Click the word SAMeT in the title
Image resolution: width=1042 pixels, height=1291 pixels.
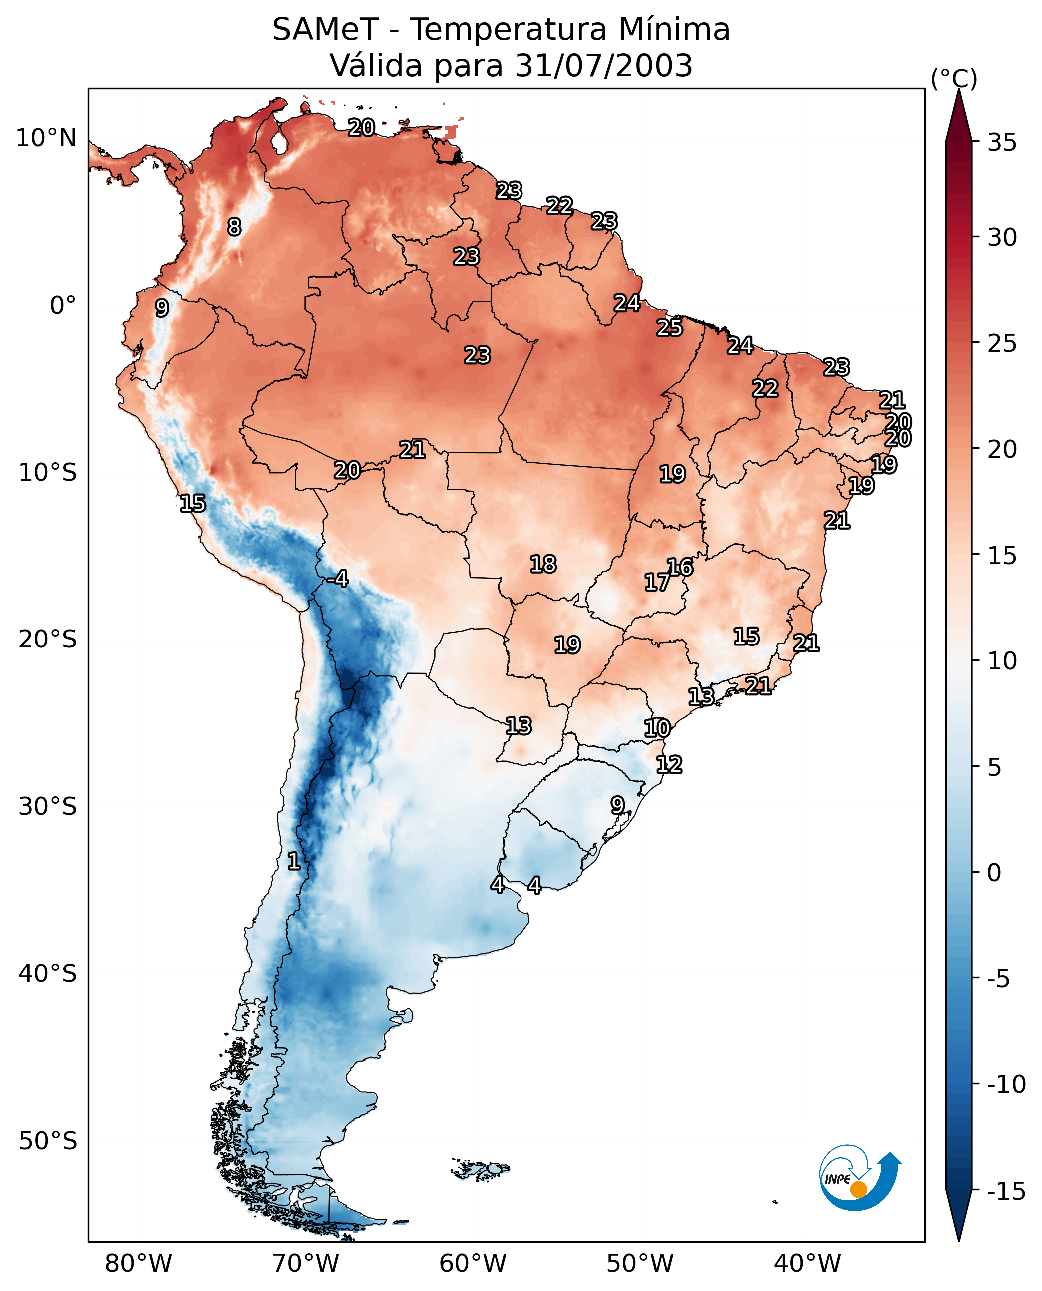click(x=325, y=30)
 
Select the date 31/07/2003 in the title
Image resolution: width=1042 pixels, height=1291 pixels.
click(x=603, y=66)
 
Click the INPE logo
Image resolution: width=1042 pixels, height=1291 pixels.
click(x=859, y=1179)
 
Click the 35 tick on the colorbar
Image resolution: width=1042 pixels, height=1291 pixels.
click(x=1002, y=143)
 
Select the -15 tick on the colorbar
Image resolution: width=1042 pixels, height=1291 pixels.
click(x=1006, y=1192)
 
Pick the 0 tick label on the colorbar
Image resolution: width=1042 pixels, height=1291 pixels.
click(x=994, y=873)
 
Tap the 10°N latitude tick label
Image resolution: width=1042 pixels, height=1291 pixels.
click(x=46, y=139)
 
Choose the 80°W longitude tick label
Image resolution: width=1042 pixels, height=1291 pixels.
click(x=139, y=1264)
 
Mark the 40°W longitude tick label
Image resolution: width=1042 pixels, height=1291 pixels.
click(x=807, y=1264)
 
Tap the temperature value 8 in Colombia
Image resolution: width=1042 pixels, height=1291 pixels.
click(x=234, y=227)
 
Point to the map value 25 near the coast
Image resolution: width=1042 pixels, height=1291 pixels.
click(x=669, y=327)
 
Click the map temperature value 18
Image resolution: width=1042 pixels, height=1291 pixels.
click(x=543, y=565)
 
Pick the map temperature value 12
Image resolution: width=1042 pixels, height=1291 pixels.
click(x=669, y=765)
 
